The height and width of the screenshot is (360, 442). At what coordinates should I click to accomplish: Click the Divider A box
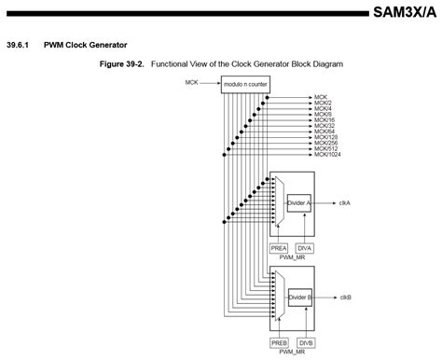(300, 201)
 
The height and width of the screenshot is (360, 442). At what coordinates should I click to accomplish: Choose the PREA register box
(279, 247)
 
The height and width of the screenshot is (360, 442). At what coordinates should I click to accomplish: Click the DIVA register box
(305, 247)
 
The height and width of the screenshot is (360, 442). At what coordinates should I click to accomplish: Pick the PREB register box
(279, 343)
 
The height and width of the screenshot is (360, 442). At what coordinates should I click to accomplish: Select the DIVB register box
(305, 343)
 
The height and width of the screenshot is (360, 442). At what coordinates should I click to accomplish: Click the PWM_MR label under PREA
(292, 258)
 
